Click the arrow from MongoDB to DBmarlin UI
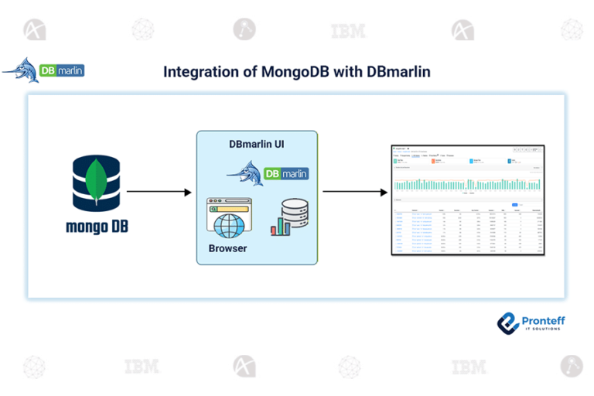[159, 191]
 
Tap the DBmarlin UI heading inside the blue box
[257, 145]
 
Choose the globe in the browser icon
[230, 226]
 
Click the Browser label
[227, 249]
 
